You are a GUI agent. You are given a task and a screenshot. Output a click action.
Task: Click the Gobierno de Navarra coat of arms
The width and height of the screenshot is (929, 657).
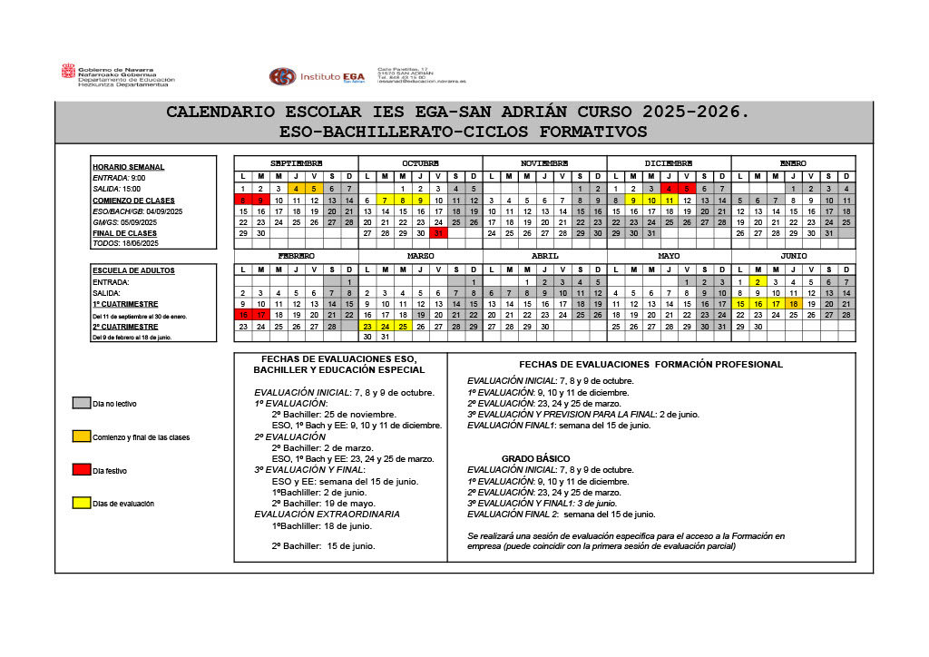click(x=68, y=72)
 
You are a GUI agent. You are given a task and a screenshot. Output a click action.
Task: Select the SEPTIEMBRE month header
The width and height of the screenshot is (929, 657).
click(x=296, y=163)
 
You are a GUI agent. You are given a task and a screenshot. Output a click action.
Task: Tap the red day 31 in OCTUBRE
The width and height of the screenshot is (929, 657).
click(x=438, y=233)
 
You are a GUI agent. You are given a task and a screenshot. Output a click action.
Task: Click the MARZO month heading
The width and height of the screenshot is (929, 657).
click(x=420, y=257)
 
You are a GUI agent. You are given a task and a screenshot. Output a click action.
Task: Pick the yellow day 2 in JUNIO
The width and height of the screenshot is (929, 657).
click(x=757, y=282)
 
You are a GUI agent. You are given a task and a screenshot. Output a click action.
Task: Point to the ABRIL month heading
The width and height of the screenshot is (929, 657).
click(x=544, y=257)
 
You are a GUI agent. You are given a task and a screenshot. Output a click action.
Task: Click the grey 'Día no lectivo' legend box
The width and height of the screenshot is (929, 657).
click(x=81, y=403)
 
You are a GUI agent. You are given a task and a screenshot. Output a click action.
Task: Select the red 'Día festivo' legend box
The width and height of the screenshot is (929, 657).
click(x=81, y=469)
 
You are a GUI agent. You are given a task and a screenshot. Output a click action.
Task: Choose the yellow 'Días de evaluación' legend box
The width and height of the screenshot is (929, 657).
click(x=81, y=502)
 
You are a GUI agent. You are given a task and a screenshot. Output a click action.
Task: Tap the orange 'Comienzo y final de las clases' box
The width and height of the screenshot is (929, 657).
click(x=81, y=436)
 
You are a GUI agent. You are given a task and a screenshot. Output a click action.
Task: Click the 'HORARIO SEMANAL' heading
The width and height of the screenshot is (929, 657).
click(x=128, y=167)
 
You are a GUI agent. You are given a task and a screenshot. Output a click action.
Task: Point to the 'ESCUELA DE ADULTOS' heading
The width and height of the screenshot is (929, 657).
click(x=133, y=270)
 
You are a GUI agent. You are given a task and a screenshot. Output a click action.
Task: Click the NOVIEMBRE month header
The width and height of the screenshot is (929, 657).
click(x=544, y=163)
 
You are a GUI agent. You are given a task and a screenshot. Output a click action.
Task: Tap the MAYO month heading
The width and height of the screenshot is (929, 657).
click(x=669, y=257)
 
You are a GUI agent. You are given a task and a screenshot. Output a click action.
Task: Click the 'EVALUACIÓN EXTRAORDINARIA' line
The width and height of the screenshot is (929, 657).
click(x=327, y=515)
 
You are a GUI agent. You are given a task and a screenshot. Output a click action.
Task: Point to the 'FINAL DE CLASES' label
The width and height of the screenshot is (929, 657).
click(x=124, y=233)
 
